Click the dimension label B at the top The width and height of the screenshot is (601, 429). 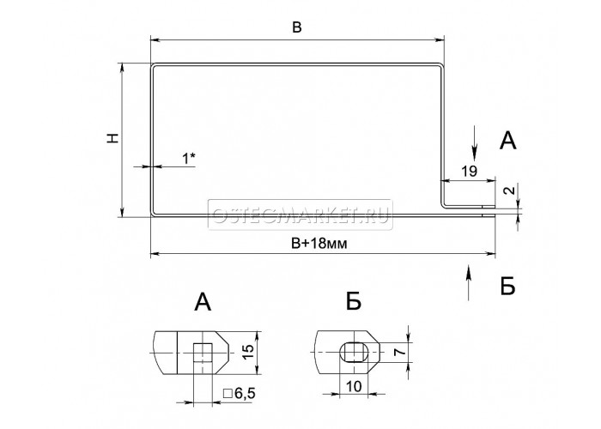[297, 27]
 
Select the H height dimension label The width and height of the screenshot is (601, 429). [112, 138]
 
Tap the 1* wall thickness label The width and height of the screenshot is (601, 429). [188, 158]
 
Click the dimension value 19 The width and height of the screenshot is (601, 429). [469, 171]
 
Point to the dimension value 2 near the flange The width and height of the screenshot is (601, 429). [510, 190]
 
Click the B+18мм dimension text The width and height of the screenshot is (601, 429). [319, 243]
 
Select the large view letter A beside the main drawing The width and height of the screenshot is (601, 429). [508, 141]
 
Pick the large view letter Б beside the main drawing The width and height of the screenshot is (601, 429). [508, 286]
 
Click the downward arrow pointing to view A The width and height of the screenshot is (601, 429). [475, 142]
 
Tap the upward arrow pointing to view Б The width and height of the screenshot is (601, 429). [468, 282]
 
